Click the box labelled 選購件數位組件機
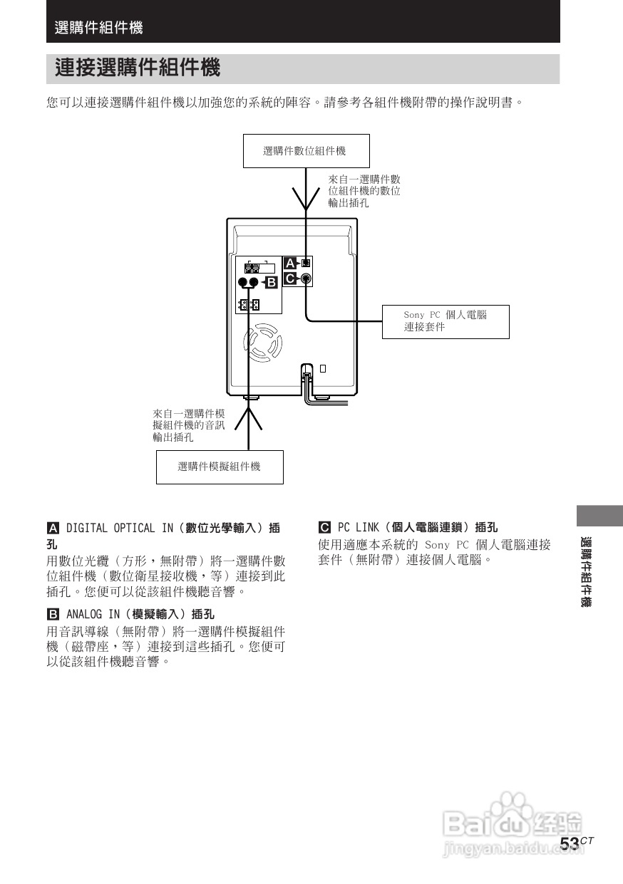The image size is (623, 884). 307,151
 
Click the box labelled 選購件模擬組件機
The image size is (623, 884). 220,467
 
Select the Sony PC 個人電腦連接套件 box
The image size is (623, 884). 446,321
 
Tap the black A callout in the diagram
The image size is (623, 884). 289,264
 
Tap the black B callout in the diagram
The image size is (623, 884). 271,284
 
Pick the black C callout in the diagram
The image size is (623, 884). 289,279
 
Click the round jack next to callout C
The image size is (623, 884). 306,279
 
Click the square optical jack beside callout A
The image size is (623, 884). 306,263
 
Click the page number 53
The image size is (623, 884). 570,843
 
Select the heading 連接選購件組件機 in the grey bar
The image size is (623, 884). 138,69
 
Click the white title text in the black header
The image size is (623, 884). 98,28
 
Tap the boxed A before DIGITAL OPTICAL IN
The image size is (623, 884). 52,529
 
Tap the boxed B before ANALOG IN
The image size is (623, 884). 52,613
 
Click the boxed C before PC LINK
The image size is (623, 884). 324,528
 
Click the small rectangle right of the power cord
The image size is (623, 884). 323,368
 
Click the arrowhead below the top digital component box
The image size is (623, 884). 307,200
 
